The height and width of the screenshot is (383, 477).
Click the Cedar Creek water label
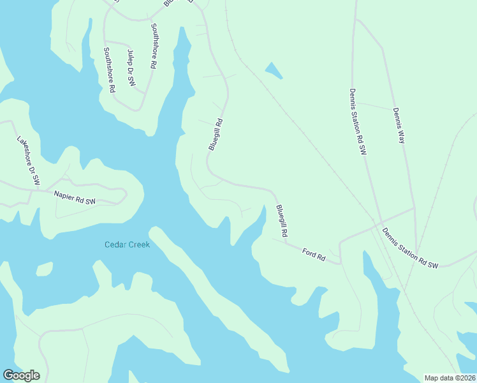click(x=127, y=245)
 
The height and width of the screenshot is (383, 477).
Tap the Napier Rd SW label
click(x=75, y=197)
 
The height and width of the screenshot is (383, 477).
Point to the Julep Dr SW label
click(x=131, y=68)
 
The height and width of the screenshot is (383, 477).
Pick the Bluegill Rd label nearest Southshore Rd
click(x=216, y=135)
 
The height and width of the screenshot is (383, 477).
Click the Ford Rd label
click(x=313, y=254)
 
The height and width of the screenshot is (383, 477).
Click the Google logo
click(x=21, y=375)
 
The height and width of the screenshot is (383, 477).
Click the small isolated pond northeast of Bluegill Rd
click(x=273, y=70)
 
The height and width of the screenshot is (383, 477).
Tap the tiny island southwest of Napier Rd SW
click(x=43, y=269)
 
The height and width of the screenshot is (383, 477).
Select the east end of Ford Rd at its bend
click(x=340, y=262)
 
